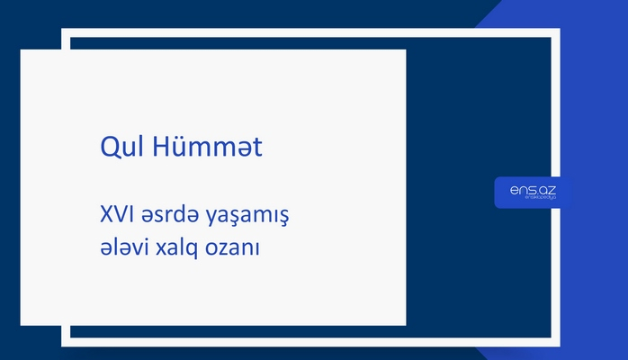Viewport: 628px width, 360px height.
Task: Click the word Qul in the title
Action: coord(117,148)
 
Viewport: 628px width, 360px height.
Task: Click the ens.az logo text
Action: coord(532,188)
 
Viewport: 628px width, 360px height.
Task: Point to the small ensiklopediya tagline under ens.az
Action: coord(541,198)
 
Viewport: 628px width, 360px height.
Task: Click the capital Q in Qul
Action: coord(107,148)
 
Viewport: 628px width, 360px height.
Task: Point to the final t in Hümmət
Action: coord(257,148)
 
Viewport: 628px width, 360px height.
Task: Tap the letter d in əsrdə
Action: coord(180,215)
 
